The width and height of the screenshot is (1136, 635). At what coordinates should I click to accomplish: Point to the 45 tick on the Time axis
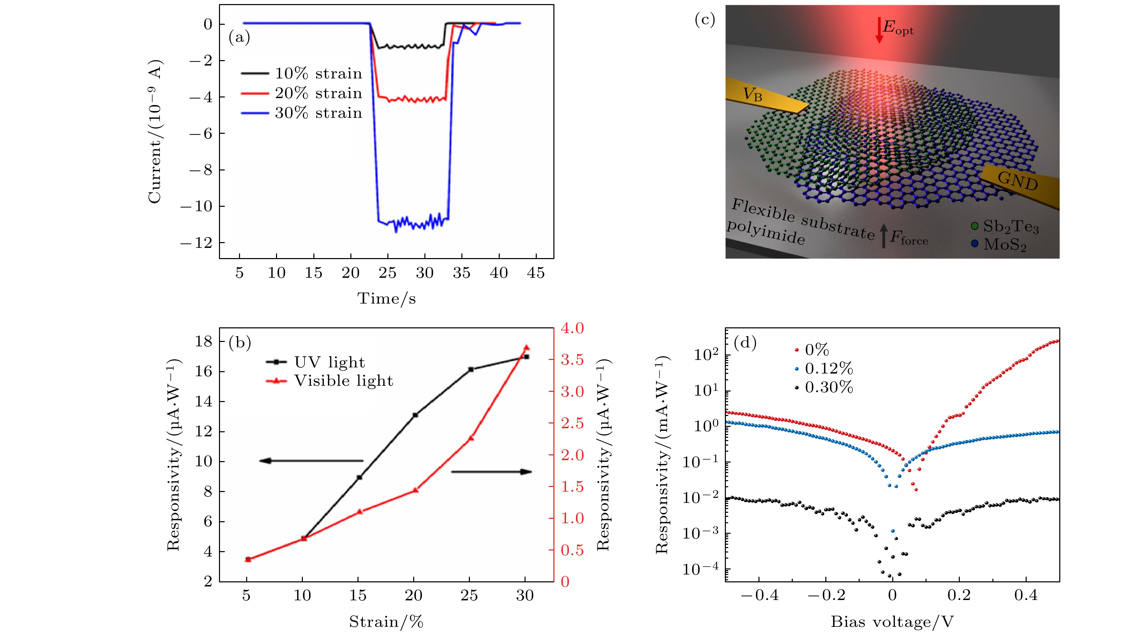point(536,273)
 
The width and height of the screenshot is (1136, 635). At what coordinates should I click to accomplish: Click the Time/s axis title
point(386,298)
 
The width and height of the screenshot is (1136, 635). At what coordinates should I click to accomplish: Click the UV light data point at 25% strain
point(471,369)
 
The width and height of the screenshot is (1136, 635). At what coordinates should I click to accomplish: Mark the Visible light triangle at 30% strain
point(526,347)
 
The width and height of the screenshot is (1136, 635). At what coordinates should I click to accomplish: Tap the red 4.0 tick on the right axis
point(572,328)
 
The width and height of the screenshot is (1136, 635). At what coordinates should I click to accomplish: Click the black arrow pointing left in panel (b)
point(311,461)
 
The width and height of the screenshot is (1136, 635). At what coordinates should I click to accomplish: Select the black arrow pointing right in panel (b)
point(491,472)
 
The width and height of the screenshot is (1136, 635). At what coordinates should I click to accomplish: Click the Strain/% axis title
point(386,622)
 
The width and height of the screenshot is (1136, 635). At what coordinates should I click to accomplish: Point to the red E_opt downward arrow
point(879,30)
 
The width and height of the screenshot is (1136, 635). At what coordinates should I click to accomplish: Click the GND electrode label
point(1018,181)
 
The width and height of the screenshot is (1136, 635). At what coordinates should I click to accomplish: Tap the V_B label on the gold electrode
point(752,94)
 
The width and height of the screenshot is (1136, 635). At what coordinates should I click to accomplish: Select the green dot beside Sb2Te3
point(975,226)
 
